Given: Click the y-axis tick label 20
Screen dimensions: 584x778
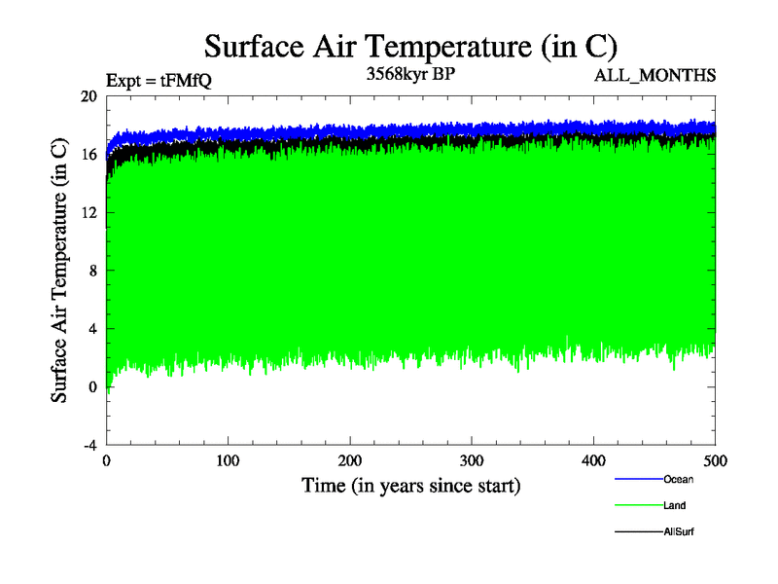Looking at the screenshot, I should (x=89, y=96).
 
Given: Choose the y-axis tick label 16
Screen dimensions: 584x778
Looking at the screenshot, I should (x=89, y=155).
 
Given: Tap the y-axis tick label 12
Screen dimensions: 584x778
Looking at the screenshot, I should (x=89, y=212).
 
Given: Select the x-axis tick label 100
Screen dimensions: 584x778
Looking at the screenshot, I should (x=228, y=459).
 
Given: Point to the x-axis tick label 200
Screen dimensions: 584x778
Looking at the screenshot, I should (x=350, y=459).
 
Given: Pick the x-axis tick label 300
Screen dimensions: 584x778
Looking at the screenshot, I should (x=472, y=459).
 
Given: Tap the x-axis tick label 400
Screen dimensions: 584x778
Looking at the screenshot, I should (x=593, y=459).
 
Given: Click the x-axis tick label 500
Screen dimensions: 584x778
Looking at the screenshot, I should (x=715, y=459).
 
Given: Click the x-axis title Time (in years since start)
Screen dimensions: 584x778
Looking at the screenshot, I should (x=410, y=485).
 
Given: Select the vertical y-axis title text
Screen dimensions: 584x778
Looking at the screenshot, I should (x=60, y=271).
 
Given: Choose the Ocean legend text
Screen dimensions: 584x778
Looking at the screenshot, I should (x=679, y=479).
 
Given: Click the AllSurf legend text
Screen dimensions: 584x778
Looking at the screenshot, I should (x=679, y=531).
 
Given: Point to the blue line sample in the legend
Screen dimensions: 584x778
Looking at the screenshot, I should (x=638, y=479).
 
